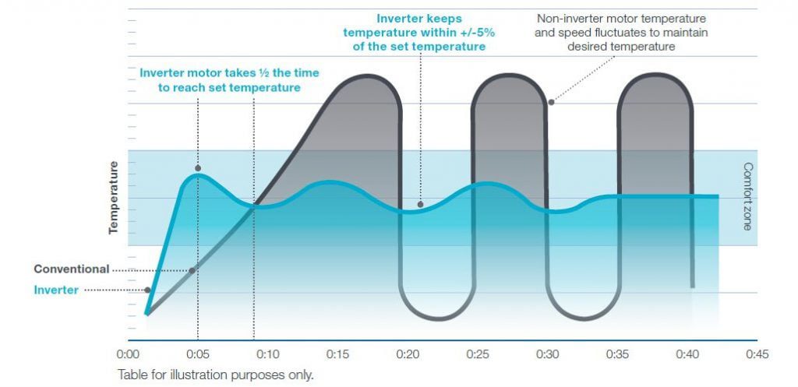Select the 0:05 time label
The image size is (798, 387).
(x=197, y=354)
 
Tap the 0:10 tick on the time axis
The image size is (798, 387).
(x=267, y=354)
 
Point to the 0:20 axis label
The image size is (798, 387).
(x=407, y=354)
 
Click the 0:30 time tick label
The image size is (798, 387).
(x=547, y=354)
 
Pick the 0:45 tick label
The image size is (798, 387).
(x=757, y=354)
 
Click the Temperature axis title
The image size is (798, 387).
(x=113, y=197)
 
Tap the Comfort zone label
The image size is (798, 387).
(x=747, y=196)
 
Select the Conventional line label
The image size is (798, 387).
(x=72, y=269)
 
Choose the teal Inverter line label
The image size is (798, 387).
(x=56, y=290)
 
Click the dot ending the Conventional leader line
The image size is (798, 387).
(x=192, y=270)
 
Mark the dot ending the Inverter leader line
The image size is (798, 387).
(x=147, y=290)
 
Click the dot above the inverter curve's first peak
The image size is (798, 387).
(x=198, y=168)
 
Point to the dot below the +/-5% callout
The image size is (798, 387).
(x=420, y=205)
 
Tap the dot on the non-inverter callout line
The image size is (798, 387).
(x=551, y=102)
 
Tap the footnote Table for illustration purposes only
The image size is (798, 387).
(x=216, y=375)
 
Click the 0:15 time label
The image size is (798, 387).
(x=337, y=354)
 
